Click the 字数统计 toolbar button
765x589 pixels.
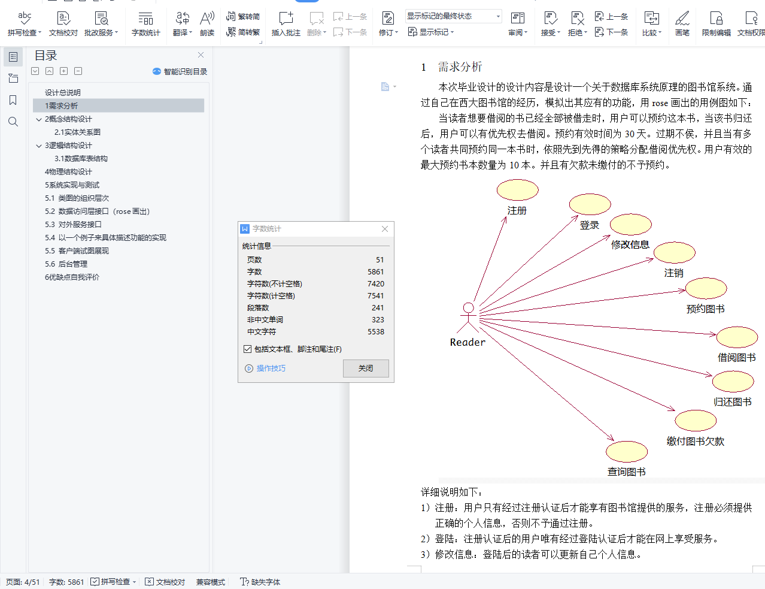[x=145, y=23]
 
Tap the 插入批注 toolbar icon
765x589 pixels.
[x=286, y=23]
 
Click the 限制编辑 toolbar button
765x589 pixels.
[x=716, y=23]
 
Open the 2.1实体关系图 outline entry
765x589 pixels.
[x=77, y=132]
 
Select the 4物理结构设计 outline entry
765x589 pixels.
[x=68, y=172]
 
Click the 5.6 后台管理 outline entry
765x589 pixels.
[x=66, y=264]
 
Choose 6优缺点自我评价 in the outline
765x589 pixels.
[x=72, y=277]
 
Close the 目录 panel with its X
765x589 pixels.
[x=201, y=55]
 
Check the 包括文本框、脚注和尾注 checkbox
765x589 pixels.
[x=247, y=349]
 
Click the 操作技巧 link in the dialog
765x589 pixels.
[x=271, y=368]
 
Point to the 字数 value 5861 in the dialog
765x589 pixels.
[x=376, y=272]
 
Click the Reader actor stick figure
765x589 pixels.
[x=468, y=318]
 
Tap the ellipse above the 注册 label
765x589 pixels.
[x=518, y=190]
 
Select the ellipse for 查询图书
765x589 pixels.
[x=627, y=452]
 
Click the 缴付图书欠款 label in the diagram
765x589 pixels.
[x=696, y=442]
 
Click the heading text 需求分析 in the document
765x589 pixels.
[x=460, y=67]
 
